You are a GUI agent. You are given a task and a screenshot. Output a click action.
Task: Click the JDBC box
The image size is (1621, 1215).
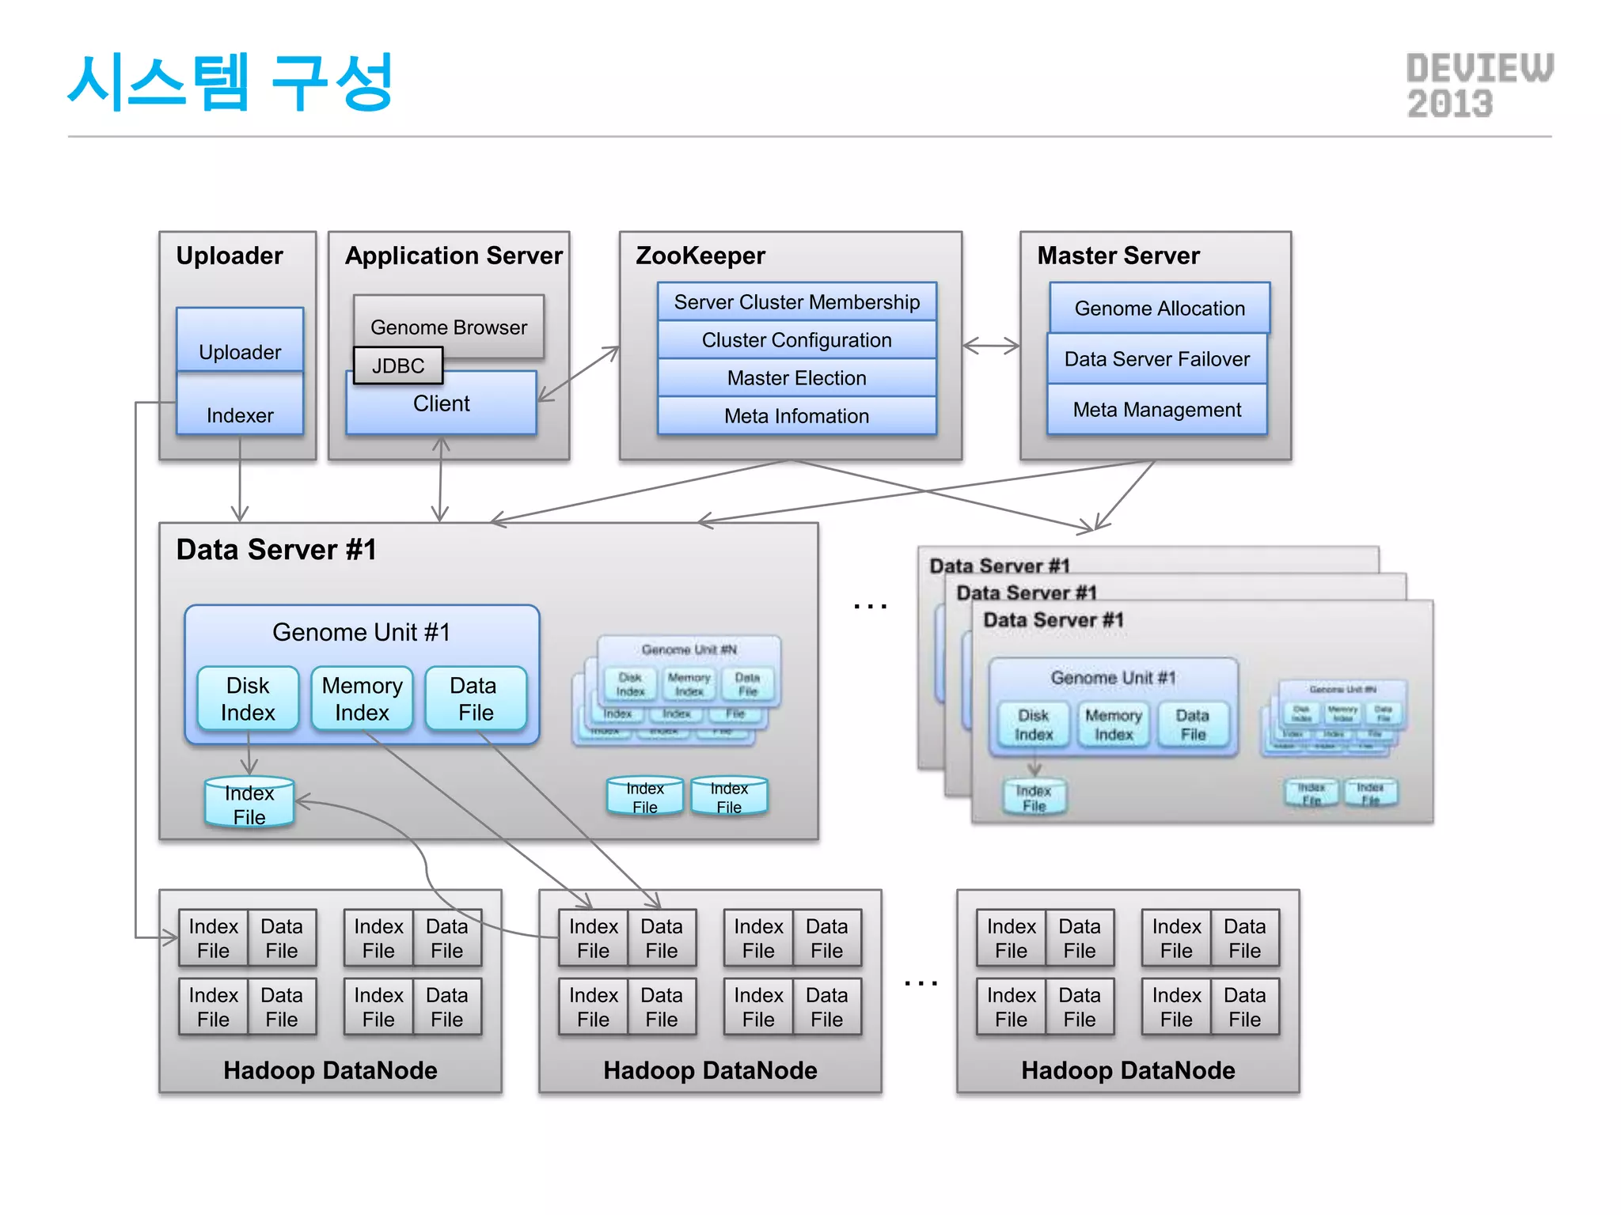click(397, 365)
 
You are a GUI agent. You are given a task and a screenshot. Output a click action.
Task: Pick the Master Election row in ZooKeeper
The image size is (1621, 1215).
click(796, 378)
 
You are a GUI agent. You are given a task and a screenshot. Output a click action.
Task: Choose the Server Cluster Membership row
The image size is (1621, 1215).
click(796, 302)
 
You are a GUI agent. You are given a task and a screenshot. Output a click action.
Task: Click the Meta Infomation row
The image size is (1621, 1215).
click(796, 416)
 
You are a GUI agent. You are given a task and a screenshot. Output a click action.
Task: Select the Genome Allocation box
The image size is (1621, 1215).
click(1160, 308)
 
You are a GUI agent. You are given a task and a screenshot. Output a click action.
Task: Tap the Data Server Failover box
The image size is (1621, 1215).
click(1156, 359)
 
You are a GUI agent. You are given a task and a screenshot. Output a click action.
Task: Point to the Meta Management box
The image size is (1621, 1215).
click(1156, 410)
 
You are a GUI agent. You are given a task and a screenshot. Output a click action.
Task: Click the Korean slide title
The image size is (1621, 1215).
click(230, 82)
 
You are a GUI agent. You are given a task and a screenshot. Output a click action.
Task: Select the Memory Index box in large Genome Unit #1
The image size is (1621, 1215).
click(362, 698)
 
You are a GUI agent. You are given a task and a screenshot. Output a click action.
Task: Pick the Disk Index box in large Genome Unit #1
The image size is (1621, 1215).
click(248, 698)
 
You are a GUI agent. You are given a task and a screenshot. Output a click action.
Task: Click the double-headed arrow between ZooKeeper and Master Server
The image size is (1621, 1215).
click(991, 346)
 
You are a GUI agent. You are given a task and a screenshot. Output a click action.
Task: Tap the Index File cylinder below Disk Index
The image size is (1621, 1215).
click(249, 804)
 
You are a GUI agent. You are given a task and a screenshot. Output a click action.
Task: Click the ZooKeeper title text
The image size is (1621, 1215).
click(700, 255)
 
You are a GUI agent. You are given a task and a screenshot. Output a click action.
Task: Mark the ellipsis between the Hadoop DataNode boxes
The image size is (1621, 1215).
click(921, 983)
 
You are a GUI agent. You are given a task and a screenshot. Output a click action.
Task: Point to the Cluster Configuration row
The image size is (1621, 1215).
click(796, 340)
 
